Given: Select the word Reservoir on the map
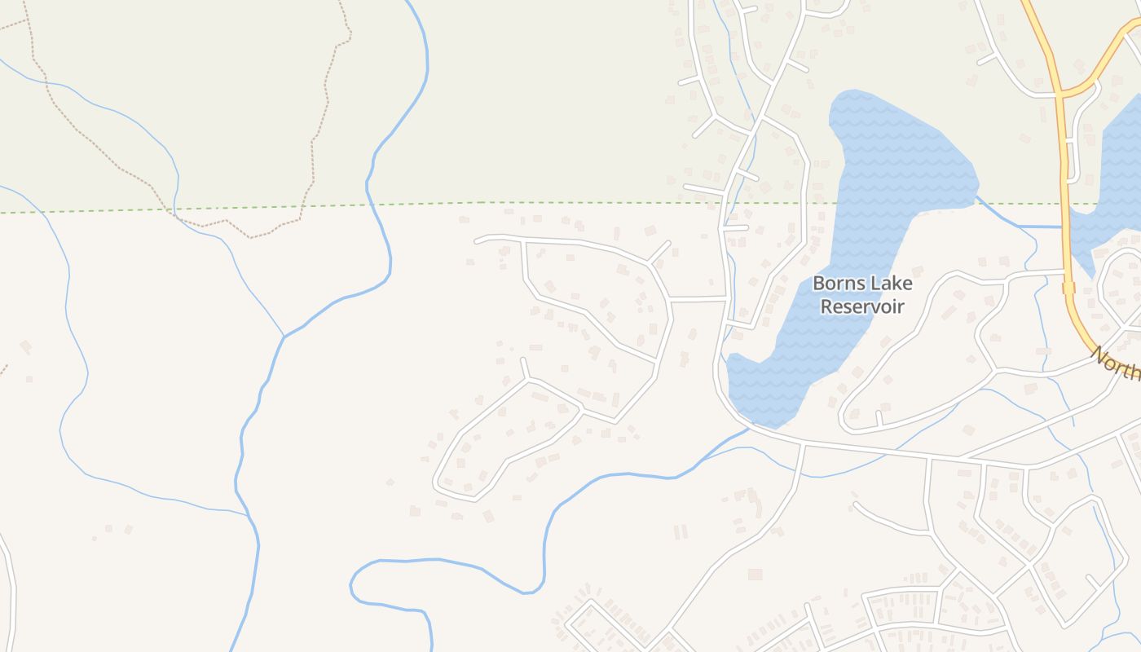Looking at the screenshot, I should pos(862,307).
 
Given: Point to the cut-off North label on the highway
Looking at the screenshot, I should pos(1116,365).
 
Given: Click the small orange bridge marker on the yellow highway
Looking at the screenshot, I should pos(1068,288).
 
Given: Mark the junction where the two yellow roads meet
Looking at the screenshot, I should pos(1060,92).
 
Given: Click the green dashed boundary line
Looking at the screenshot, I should pos(570,203).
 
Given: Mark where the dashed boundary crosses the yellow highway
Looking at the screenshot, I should pos(1064,203).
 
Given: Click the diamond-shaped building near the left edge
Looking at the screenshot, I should pos(25,347).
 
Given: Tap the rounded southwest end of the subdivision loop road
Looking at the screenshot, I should pos(440,485).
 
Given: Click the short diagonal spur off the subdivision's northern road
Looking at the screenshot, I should pos(659,252).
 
